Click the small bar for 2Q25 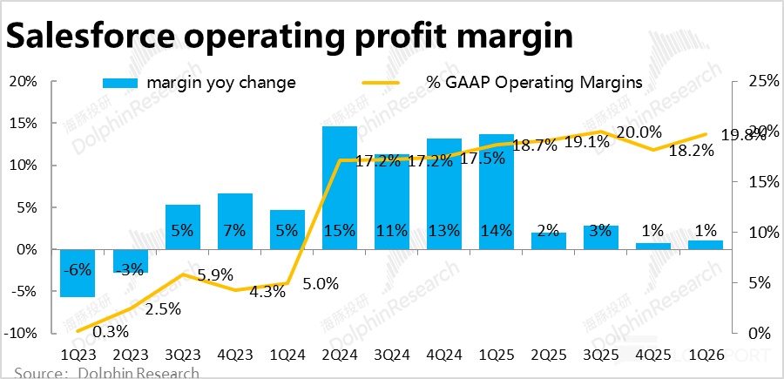549,240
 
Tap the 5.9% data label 215,274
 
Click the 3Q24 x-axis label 391,356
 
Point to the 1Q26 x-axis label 704,356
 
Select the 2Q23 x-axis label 131,356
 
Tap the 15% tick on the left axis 24,124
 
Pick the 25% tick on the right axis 754,82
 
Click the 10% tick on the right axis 754,233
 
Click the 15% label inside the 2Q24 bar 339,231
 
